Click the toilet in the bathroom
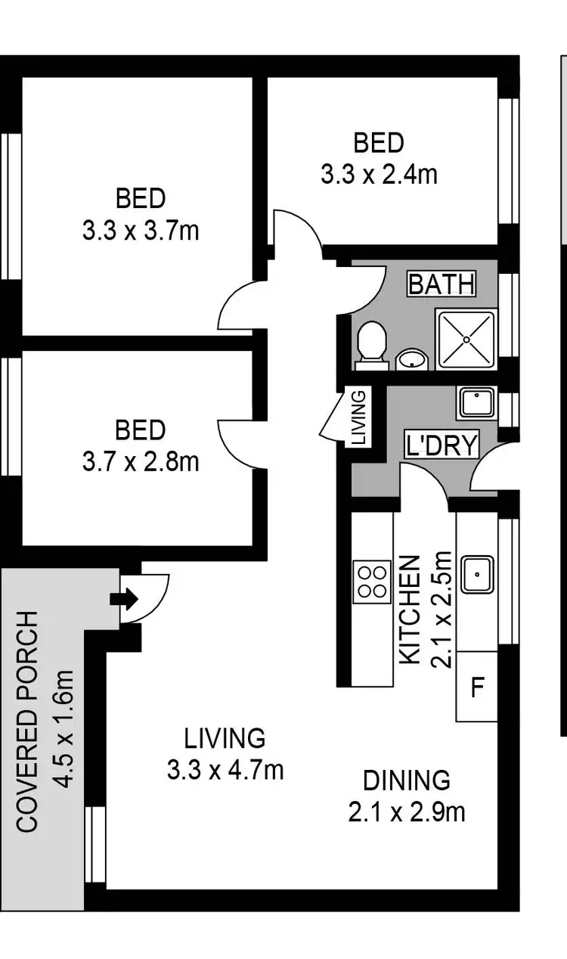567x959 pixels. coord(371,344)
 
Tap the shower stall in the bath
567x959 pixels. coord(466,339)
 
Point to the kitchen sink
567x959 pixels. coord(478,575)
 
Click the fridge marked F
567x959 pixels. coord(477,688)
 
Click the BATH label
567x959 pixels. coord(442,284)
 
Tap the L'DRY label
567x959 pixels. coord(442,445)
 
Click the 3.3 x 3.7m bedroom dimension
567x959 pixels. coord(141,230)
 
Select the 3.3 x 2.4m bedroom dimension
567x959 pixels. coord(379,175)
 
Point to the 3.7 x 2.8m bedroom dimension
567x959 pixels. coord(141,461)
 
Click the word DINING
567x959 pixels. coord(407,780)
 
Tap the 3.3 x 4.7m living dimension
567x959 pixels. coord(225,770)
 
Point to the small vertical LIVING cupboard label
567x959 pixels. coord(360,416)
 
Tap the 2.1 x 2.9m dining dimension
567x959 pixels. coord(407,812)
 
